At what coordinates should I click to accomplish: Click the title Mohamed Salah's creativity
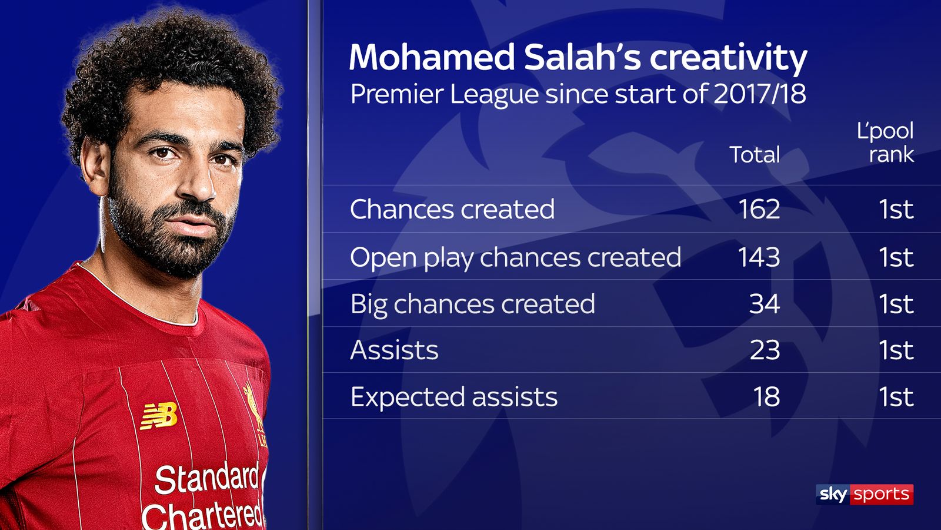point(578,58)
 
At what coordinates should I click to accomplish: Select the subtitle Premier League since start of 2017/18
point(578,94)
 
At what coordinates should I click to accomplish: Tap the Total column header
point(755,154)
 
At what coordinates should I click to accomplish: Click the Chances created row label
point(452,209)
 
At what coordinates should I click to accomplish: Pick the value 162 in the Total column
point(759,209)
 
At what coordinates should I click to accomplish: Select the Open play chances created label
point(515,257)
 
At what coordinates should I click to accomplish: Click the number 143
point(759,257)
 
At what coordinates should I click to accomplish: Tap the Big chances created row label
point(472,304)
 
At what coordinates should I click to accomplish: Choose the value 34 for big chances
point(764,304)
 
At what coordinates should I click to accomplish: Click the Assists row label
point(394,350)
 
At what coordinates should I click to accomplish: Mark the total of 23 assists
point(764,350)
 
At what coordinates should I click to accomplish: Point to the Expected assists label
point(453,397)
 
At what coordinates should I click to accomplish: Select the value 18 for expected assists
point(766,397)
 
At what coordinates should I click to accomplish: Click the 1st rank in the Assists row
point(896,350)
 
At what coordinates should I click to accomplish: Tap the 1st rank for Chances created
point(896,209)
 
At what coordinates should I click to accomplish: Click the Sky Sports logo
point(864,494)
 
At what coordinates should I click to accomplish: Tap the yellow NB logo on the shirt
point(159,416)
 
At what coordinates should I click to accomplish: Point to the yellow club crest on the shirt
point(255,412)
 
